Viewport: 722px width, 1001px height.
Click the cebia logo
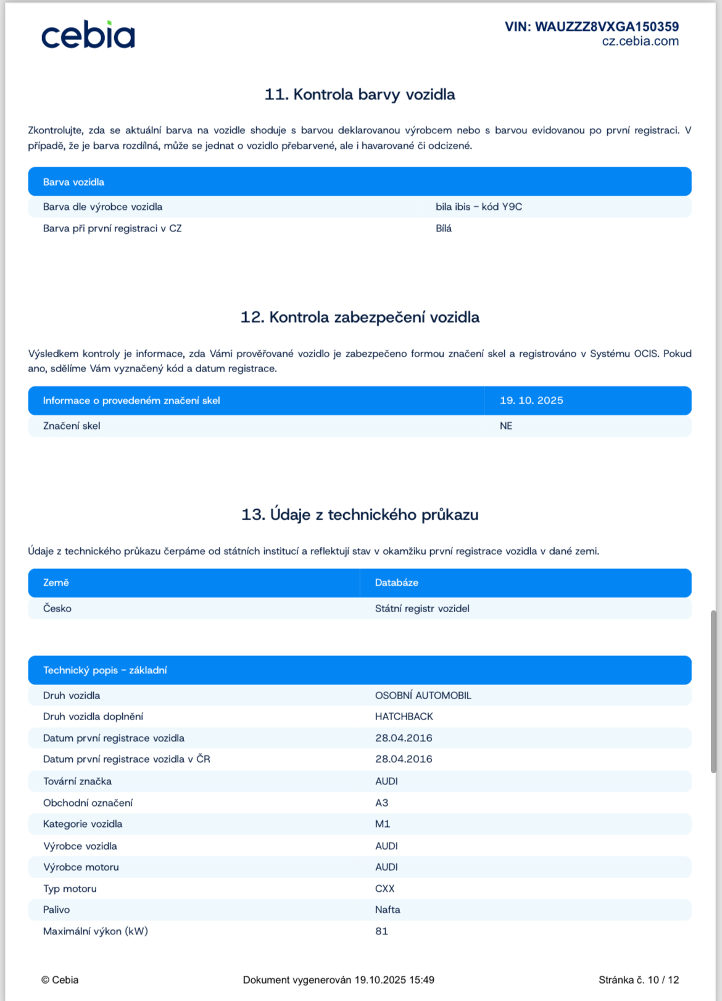[x=88, y=36]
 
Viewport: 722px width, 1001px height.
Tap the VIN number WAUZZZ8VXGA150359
[x=591, y=27]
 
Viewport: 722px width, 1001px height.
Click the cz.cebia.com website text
[x=640, y=41]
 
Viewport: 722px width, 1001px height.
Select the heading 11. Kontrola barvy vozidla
[x=360, y=94]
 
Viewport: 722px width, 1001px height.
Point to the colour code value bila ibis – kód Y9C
[x=478, y=207]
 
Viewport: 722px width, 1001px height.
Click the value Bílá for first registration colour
[x=443, y=228]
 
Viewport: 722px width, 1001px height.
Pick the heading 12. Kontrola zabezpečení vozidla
[x=360, y=317]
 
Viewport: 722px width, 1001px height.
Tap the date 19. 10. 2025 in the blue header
[x=531, y=401]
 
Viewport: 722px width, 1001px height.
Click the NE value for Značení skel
[x=505, y=426]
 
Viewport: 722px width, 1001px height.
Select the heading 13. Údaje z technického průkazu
[x=360, y=515]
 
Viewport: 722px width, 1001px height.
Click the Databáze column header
[x=396, y=583]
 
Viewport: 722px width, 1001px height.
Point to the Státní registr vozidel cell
[x=422, y=608]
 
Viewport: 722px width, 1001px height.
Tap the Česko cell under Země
[x=57, y=608]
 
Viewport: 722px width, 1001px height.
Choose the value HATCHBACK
[x=404, y=716]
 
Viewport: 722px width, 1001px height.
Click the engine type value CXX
[x=384, y=889]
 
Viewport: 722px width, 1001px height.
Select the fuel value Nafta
[x=387, y=910]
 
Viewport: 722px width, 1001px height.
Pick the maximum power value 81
[x=381, y=931]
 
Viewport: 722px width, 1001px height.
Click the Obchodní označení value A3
[x=381, y=803]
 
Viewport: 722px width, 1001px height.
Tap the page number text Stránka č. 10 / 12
[x=638, y=980]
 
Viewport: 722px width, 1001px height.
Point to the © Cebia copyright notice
[x=60, y=980]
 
